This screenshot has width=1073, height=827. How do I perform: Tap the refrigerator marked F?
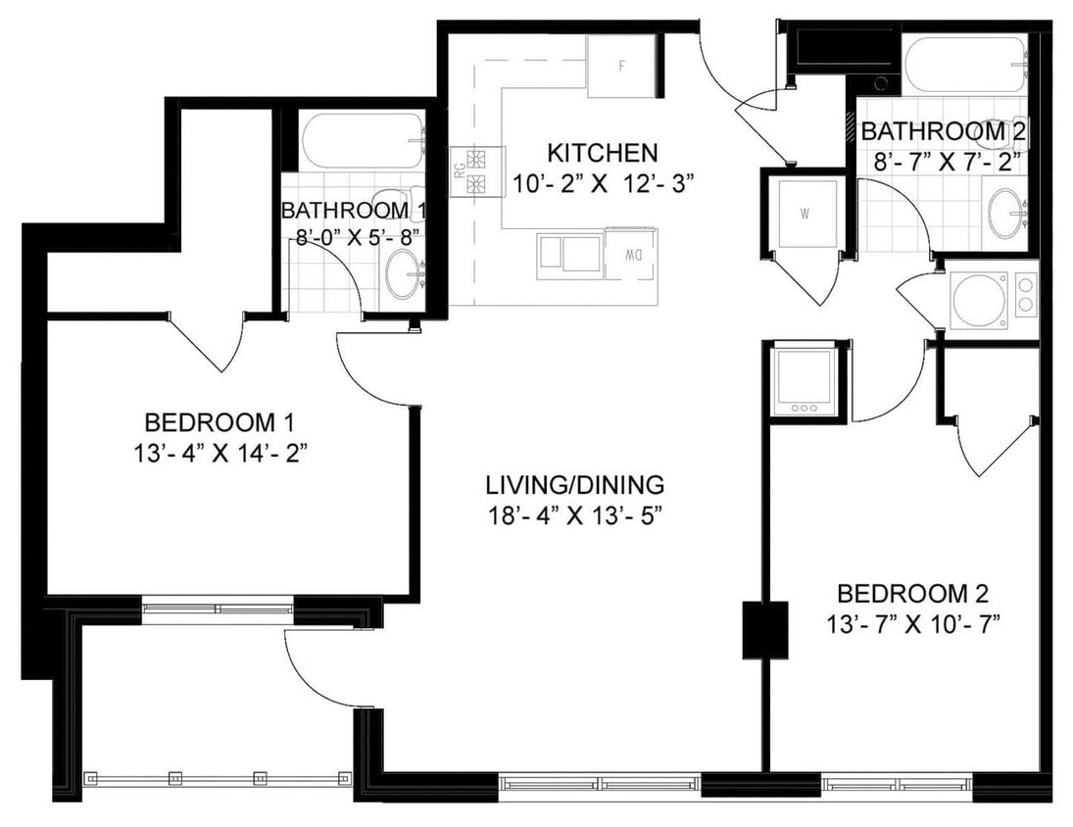point(621,67)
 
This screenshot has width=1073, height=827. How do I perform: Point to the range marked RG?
point(476,172)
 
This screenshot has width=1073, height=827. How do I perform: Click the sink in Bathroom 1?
point(403,275)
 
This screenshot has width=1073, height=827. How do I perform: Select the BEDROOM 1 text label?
point(219,423)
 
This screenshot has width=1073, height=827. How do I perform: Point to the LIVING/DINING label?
point(575,484)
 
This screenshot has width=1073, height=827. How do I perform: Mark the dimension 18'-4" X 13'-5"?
point(575,516)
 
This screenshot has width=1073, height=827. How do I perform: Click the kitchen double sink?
point(568,254)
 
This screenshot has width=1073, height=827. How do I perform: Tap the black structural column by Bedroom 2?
point(764,629)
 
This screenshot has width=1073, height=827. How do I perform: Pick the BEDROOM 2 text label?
point(911,593)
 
